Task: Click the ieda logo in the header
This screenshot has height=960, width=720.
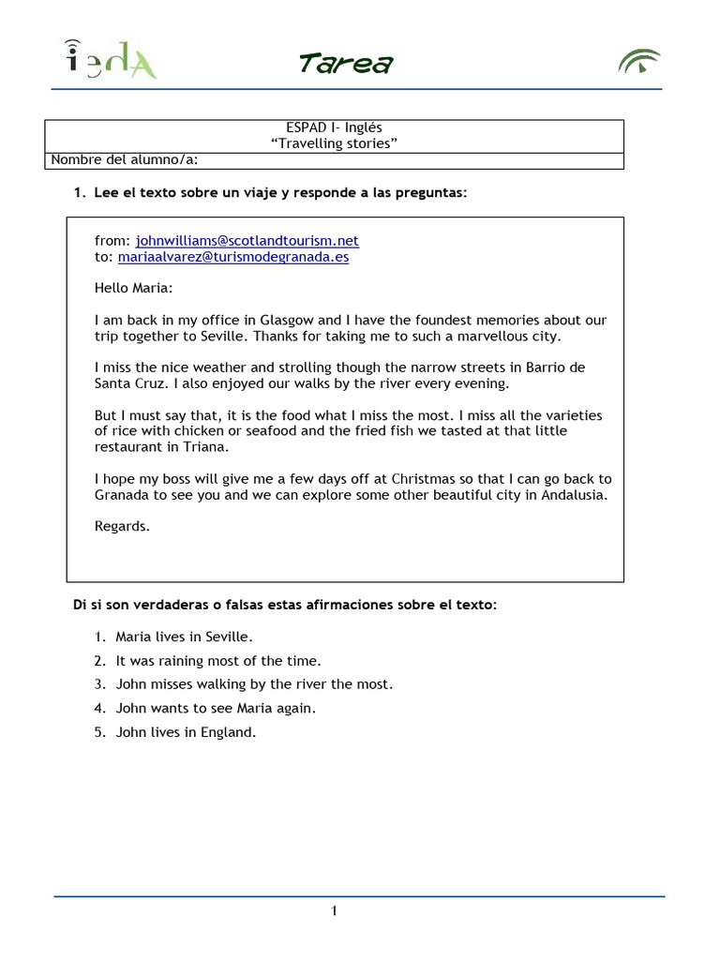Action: point(111,59)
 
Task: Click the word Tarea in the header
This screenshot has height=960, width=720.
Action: point(345,64)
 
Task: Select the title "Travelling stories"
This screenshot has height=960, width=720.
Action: point(334,143)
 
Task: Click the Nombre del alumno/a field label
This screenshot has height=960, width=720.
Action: point(124,159)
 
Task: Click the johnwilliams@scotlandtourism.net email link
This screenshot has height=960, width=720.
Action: point(247,241)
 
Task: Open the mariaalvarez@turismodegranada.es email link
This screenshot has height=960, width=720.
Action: point(233,257)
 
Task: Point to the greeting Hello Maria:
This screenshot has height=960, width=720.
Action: point(134,289)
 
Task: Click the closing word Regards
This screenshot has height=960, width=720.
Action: point(122,527)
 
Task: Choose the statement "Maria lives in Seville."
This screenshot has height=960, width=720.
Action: point(172,637)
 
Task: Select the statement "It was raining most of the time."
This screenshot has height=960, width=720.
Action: point(218,661)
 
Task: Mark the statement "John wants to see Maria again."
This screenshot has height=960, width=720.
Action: point(216,709)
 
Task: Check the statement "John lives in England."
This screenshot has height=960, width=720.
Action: point(186,733)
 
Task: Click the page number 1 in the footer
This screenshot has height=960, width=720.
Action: point(334,911)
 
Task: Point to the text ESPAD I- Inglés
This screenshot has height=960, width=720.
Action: point(334,127)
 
